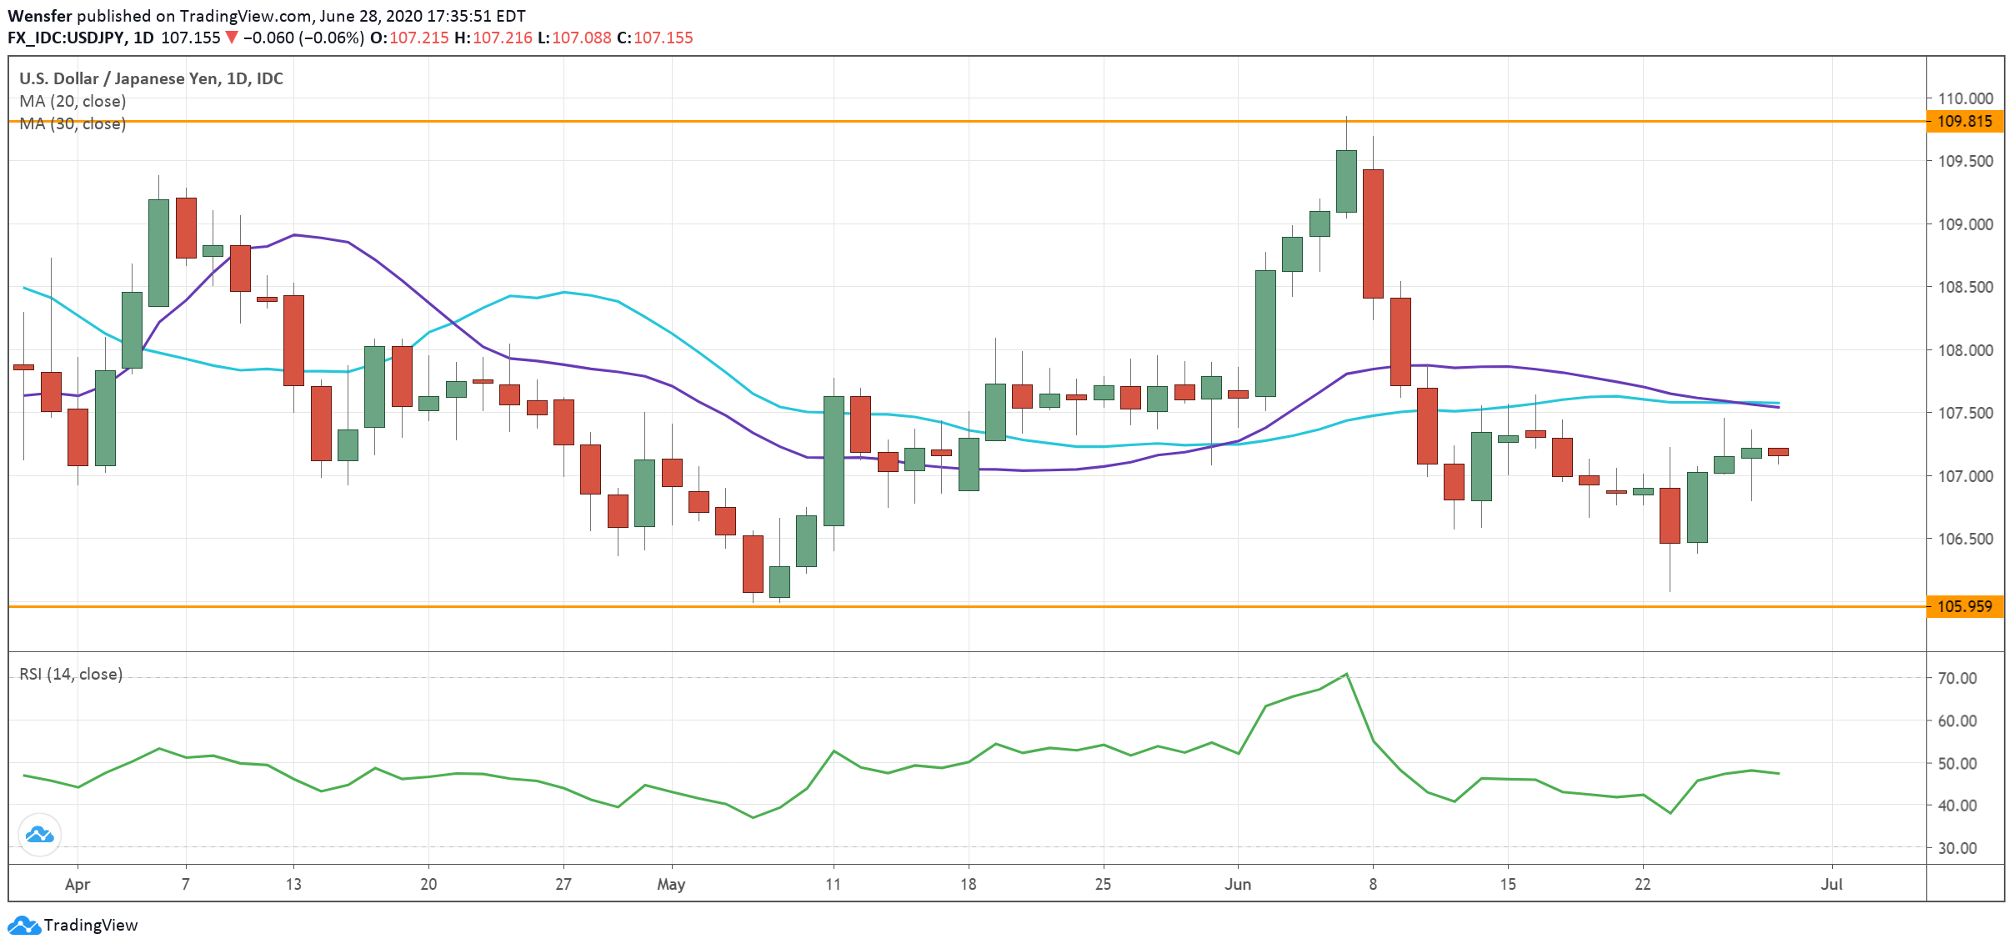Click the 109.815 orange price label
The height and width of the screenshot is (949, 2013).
pyautogui.click(x=1964, y=122)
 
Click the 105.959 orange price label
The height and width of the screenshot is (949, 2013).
pyautogui.click(x=1964, y=606)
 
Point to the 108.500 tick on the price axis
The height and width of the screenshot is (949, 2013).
pyautogui.click(x=1965, y=287)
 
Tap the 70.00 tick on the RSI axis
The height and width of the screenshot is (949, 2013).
pyautogui.click(x=1956, y=678)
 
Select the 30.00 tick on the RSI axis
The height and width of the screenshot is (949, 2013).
pyautogui.click(x=1956, y=848)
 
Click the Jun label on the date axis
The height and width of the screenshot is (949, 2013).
pyautogui.click(x=1237, y=884)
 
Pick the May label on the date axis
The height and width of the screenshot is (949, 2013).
pyautogui.click(x=671, y=884)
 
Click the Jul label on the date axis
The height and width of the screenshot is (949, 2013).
pyautogui.click(x=1831, y=884)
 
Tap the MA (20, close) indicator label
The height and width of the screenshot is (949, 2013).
pyautogui.click(x=73, y=101)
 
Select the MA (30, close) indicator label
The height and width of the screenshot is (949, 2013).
pyautogui.click(x=73, y=123)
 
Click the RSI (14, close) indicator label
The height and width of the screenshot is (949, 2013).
pyautogui.click(x=71, y=674)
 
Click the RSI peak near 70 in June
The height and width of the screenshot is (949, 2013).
pyautogui.click(x=1346, y=675)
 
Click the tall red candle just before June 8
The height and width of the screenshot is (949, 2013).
pyautogui.click(x=1373, y=233)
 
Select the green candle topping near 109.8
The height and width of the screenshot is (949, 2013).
pyautogui.click(x=1346, y=181)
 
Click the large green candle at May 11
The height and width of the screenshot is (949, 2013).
pyautogui.click(x=834, y=460)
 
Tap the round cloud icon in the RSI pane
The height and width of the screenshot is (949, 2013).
pyautogui.click(x=39, y=834)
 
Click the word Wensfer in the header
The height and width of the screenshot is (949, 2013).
pyautogui.click(x=39, y=16)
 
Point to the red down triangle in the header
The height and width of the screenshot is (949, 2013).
pyautogui.click(x=232, y=38)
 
